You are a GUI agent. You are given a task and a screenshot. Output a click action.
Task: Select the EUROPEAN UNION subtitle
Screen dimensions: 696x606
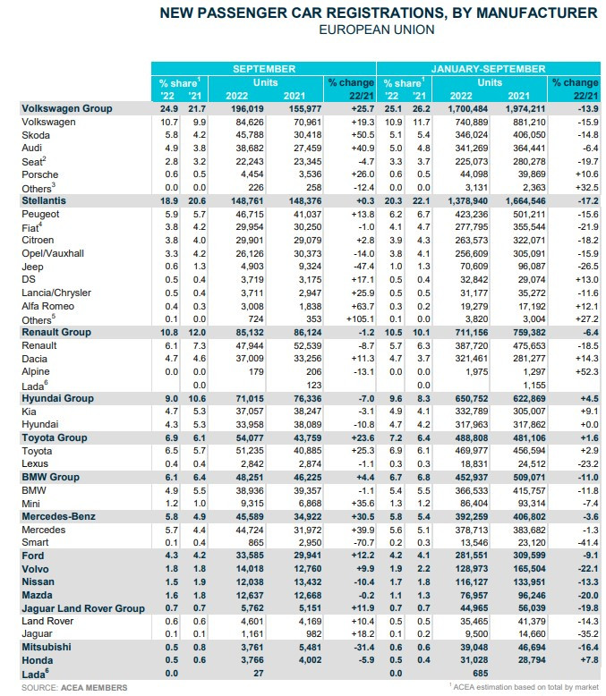[377, 30]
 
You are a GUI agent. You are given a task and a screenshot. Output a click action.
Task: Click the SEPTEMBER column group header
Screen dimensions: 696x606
[263, 68]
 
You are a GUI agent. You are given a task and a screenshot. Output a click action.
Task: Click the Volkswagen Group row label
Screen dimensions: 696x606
[67, 108]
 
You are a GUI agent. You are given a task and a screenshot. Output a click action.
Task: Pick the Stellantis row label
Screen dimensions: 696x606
[44, 202]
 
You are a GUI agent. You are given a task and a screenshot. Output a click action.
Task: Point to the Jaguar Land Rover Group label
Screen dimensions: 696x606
[83, 608]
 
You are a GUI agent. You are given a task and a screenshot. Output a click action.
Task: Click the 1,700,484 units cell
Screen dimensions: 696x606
[466, 108]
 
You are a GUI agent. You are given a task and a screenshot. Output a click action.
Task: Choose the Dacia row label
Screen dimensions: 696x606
[38, 358]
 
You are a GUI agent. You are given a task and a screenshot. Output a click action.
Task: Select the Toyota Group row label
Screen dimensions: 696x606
[55, 438]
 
